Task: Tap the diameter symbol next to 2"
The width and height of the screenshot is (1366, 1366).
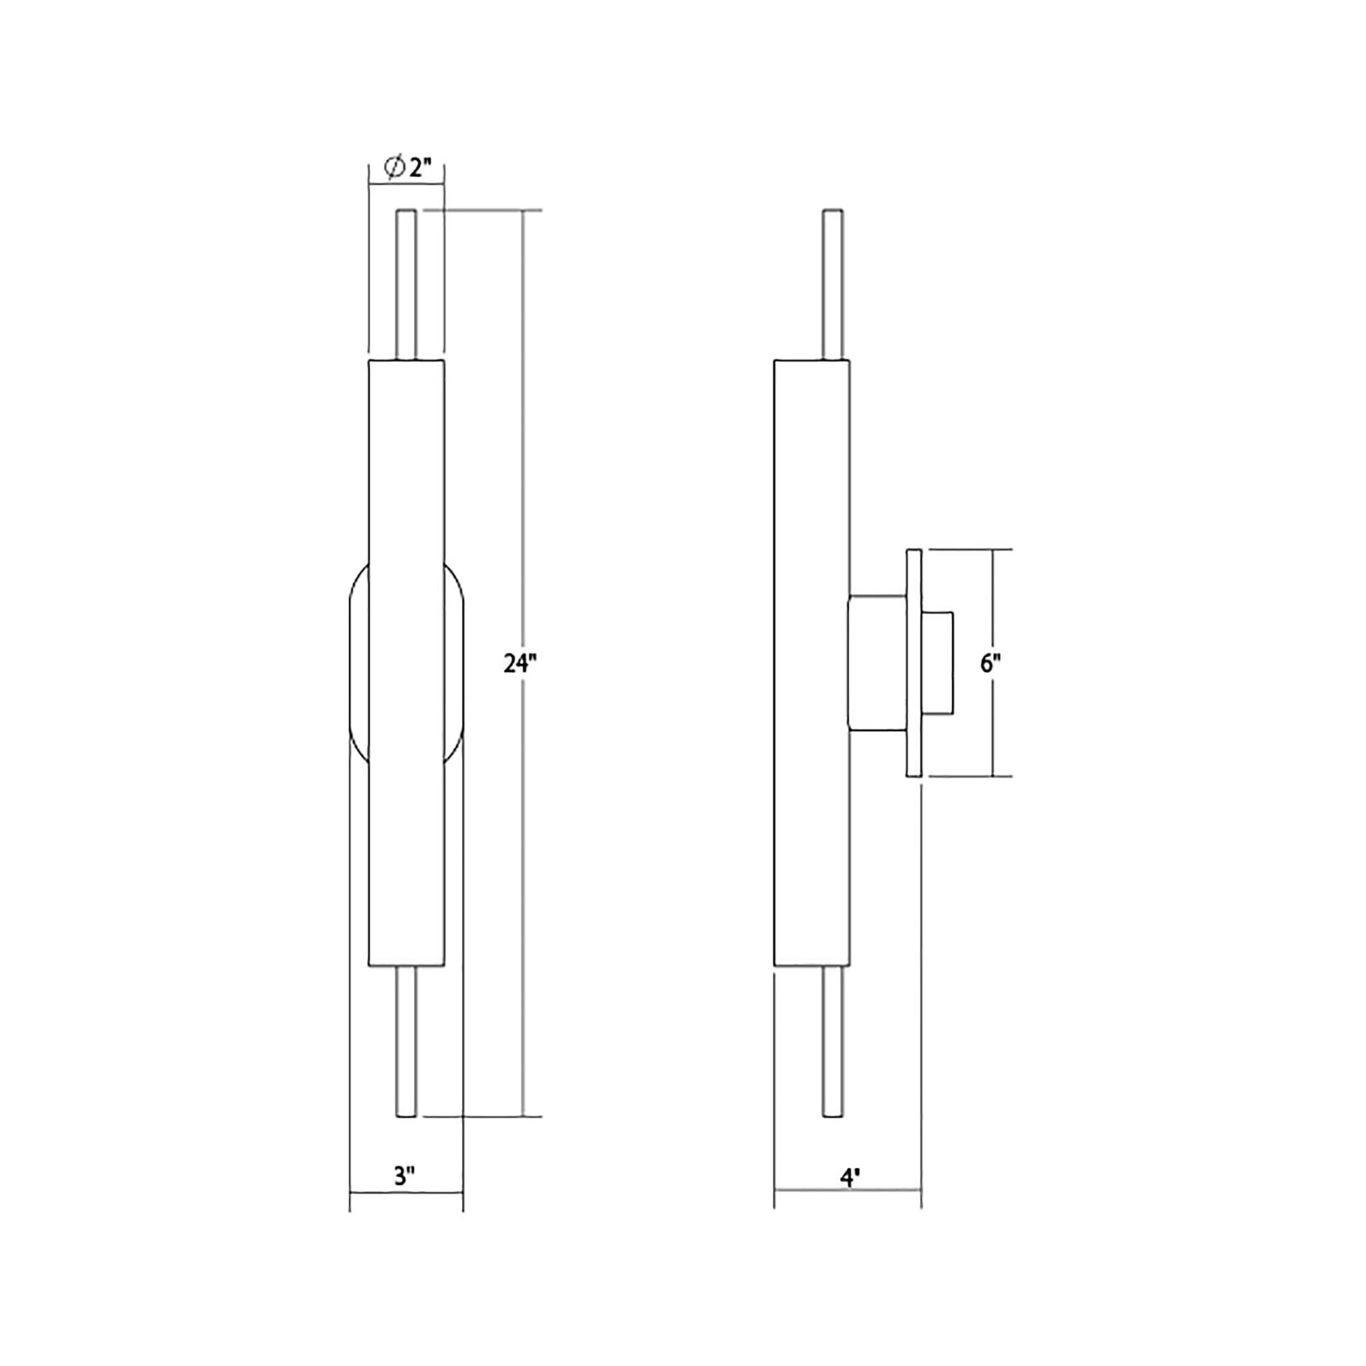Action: click(x=394, y=168)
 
